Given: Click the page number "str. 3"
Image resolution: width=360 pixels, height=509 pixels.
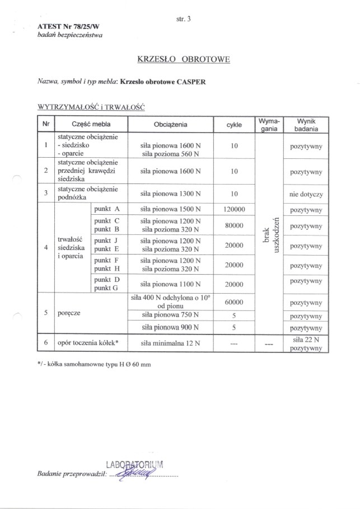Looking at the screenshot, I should pyautogui.click(x=184, y=19).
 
